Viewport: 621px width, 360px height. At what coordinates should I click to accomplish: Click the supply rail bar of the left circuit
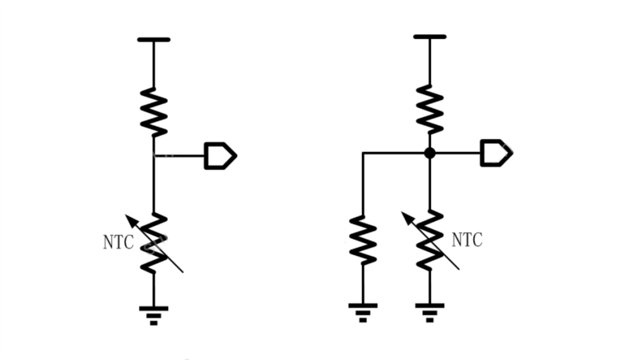(x=154, y=40)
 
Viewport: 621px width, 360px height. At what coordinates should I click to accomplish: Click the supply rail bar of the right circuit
(x=430, y=37)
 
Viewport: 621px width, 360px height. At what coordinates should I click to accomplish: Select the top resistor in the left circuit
(x=154, y=112)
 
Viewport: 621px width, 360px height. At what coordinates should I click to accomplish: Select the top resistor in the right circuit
(x=430, y=109)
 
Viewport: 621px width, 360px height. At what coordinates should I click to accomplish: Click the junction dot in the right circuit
(x=430, y=153)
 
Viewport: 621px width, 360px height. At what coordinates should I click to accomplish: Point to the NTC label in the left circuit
(x=118, y=242)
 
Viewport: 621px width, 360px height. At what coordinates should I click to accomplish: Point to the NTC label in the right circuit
(x=467, y=240)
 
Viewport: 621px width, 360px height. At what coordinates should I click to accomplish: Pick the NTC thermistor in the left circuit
(x=154, y=244)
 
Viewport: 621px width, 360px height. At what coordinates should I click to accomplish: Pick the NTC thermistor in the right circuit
(x=430, y=240)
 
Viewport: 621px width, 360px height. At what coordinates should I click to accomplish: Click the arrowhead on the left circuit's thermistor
(x=130, y=218)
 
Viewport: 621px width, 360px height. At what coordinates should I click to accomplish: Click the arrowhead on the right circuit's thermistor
(x=406, y=216)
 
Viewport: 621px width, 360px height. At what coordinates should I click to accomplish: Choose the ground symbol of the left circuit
(x=154, y=314)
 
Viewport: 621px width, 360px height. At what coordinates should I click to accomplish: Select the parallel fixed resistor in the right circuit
(x=363, y=240)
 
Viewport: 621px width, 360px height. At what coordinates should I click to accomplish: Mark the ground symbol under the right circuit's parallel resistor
(x=363, y=312)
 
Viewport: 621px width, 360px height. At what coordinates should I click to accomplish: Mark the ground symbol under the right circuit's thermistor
(x=430, y=312)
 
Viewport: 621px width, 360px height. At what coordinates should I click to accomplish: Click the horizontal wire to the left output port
(x=179, y=155)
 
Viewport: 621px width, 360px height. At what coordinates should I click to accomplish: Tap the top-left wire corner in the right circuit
(x=363, y=153)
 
